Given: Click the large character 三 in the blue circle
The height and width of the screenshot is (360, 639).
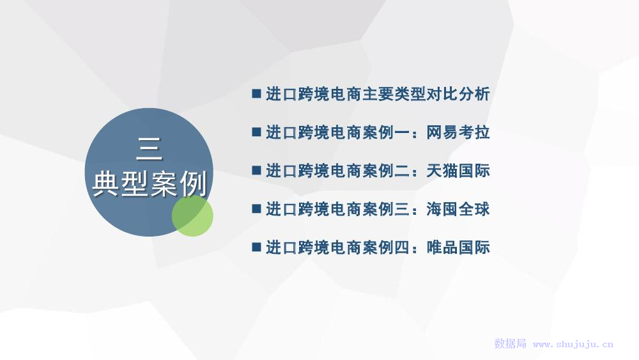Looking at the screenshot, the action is tap(149, 149).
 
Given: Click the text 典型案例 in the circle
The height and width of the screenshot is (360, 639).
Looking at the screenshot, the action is tap(150, 184).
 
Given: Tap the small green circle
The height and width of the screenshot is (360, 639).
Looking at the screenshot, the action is tap(192, 215).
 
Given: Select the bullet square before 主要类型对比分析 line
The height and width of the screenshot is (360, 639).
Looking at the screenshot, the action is tap(256, 94).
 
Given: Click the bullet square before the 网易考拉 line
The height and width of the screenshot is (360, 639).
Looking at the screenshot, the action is tap(256, 132).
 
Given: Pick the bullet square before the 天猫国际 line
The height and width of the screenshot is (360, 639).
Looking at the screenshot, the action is tap(256, 171).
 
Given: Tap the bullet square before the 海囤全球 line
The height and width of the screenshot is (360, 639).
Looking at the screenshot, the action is tap(256, 208).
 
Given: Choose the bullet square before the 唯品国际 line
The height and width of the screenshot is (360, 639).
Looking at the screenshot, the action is tap(256, 247).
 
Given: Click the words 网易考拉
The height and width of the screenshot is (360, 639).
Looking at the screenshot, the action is tap(458, 132).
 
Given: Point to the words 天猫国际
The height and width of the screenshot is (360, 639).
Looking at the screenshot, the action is tap(458, 171).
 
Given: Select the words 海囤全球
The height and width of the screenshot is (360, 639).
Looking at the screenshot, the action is tap(458, 209).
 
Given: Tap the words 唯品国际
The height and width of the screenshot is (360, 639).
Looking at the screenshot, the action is tap(458, 247).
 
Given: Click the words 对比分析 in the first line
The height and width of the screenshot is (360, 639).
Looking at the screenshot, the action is tap(458, 94).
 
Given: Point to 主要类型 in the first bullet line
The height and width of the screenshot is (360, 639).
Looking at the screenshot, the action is tap(394, 94).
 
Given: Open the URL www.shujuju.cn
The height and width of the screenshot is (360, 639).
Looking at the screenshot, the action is tap(573, 345).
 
